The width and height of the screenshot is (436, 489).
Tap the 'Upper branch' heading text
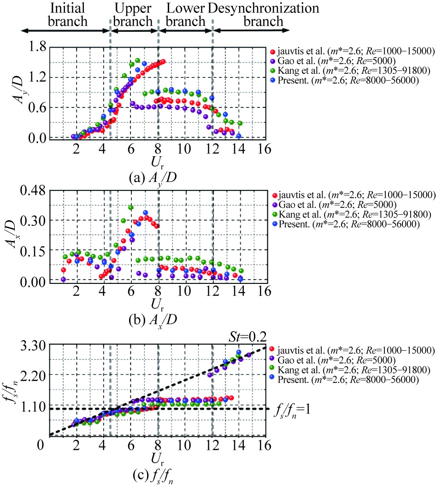[133, 15]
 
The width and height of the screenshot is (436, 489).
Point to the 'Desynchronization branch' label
[264, 15]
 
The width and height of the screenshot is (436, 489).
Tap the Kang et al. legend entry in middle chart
[350, 214]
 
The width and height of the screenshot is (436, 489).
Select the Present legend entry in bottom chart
[350, 380]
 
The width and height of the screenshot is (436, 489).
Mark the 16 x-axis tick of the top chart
[264, 149]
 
